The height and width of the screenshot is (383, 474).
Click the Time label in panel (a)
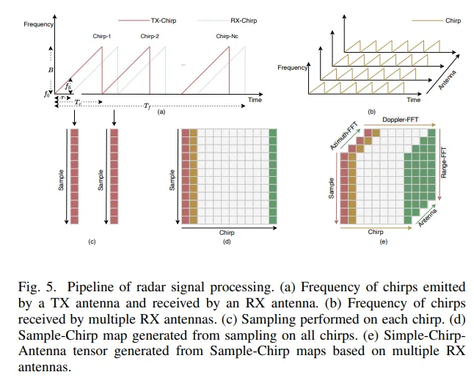pos(254,99)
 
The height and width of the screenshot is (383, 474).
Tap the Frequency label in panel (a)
pos(38,24)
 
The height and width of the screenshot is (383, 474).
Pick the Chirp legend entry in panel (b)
pos(453,21)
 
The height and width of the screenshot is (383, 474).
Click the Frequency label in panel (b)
pos(292,68)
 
